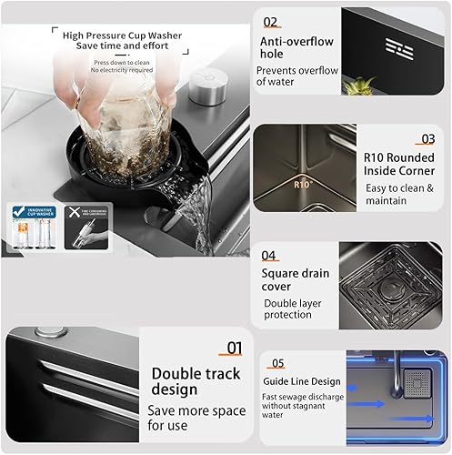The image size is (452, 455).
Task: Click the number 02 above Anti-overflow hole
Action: (271, 21)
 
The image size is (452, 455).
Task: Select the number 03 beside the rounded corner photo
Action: (427, 139)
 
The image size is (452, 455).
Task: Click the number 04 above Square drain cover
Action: (269, 256)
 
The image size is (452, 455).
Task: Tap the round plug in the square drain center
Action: (394, 282)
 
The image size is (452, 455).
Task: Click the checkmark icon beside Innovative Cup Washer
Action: (18, 211)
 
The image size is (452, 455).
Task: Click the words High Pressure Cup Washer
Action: (122, 35)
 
